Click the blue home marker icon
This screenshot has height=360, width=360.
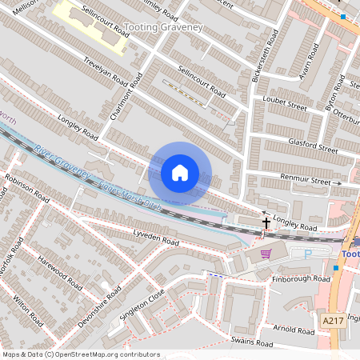coord(180,173)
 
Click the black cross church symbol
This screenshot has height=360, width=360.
coord(266,222)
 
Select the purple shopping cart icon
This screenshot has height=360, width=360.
coord(266,254)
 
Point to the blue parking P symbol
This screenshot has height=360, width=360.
coord(308,254)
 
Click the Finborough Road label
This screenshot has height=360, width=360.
coord(300,279)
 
